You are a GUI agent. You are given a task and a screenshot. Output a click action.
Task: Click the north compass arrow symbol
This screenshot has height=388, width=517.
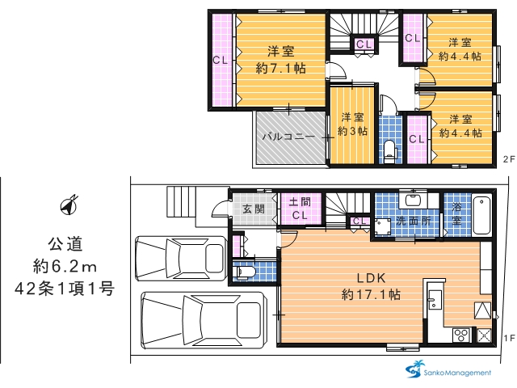[x=69, y=205]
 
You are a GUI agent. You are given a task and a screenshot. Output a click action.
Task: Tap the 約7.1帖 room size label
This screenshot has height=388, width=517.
[x=281, y=68]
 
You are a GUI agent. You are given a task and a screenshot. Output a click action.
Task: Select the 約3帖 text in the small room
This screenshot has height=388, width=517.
[x=352, y=131]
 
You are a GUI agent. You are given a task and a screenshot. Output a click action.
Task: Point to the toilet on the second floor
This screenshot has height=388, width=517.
[x=390, y=152]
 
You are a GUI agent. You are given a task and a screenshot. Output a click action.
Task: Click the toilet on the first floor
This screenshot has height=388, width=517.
[x=244, y=272]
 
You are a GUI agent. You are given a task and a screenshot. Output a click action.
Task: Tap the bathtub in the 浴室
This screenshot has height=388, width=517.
[x=482, y=215]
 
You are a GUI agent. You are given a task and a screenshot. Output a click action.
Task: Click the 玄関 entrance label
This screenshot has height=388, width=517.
[x=253, y=209]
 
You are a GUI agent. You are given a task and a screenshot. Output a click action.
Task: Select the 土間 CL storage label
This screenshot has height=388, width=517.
[x=300, y=209]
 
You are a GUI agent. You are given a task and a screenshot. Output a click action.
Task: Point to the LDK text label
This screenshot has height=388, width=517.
[x=372, y=278]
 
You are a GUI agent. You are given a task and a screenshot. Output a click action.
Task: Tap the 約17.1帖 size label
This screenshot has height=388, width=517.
[x=371, y=294]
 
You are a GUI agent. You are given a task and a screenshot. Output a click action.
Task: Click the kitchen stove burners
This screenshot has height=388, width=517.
[x=460, y=335]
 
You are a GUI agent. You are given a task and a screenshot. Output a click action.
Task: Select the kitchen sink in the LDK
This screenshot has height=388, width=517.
[x=435, y=300]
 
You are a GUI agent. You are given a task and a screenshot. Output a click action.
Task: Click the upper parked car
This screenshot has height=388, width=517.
[x=180, y=258]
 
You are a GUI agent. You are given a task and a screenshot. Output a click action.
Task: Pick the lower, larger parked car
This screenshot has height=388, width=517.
[x=204, y=320]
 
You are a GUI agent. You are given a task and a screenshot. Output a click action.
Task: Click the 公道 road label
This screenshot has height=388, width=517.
[x=65, y=244]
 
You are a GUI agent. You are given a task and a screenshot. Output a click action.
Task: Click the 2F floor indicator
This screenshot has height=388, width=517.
[x=508, y=159]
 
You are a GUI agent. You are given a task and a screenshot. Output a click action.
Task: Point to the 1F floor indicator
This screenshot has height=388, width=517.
[x=510, y=338]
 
